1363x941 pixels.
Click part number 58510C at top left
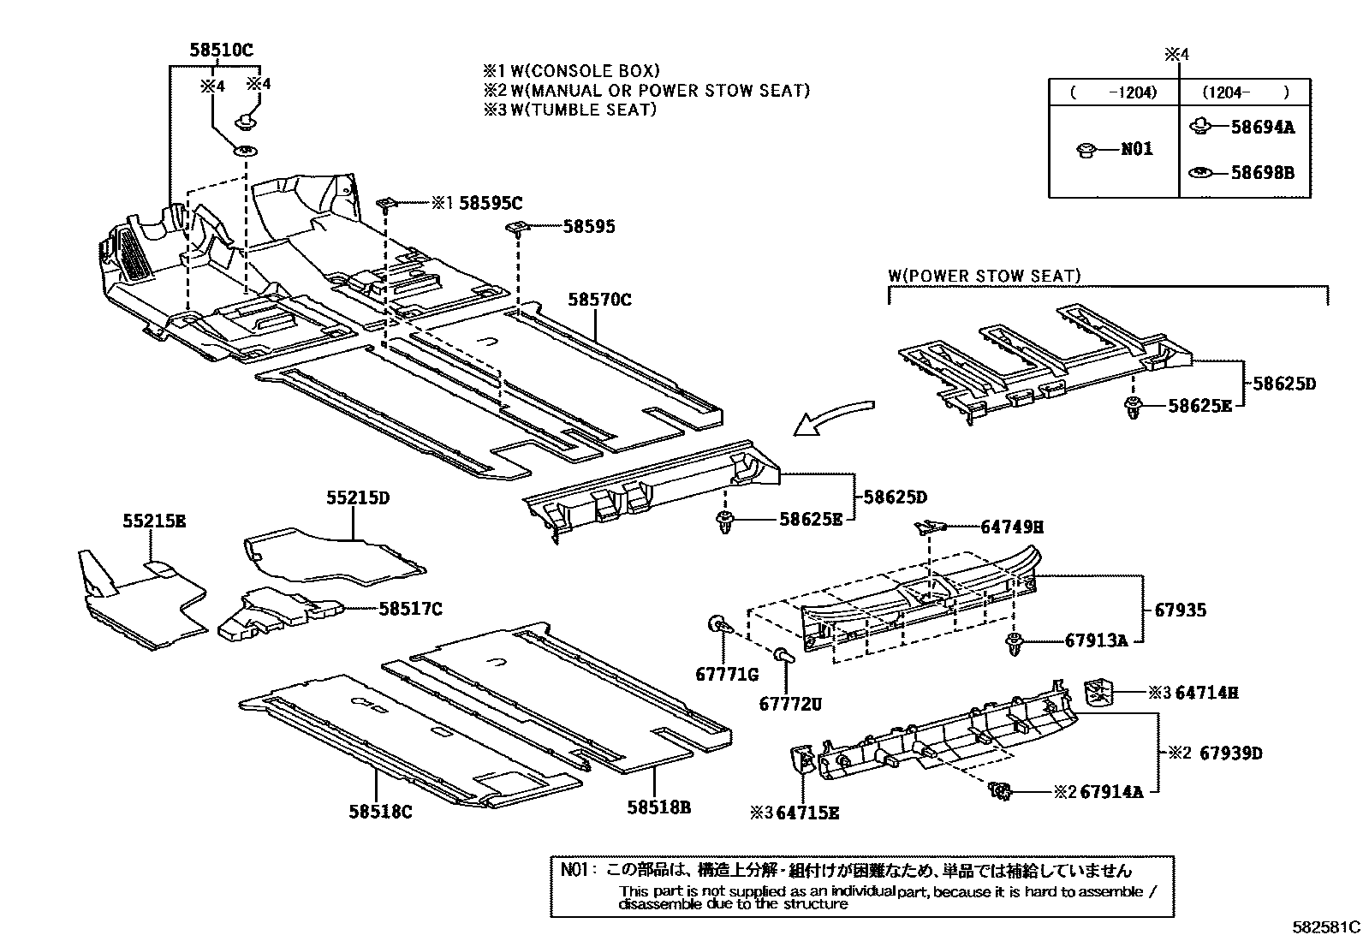(x=221, y=51)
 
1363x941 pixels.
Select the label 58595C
(x=491, y=203)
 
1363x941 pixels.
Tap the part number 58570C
(x=599, y=300)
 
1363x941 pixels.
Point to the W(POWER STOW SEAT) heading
(x=984, y=276)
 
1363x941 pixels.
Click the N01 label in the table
(x=1137, y=149)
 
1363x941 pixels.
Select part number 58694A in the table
(x=1262, y=128)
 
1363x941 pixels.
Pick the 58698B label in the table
(x=1262, y=173)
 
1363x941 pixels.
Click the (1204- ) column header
(x=1244, y=92)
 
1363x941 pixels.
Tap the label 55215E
(x=153, y=520)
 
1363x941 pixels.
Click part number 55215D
(x=357, y=497)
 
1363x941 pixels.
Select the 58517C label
(x=411, y=609)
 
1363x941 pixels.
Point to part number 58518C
(x=380, y=811)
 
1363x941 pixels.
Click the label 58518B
(x=658, y=807)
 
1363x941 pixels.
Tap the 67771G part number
(x=727, y=675)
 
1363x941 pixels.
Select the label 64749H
(x=1011, y=527)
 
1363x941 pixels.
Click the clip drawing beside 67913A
(x=1016, y=643)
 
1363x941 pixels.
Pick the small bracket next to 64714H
(x=1098, y=691)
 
